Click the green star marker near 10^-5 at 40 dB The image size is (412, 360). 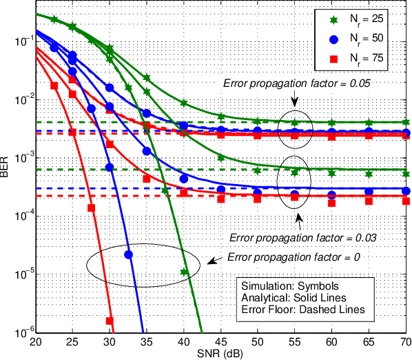184,272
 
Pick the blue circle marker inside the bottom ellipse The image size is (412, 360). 128,254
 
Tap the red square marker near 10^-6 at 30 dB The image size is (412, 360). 109,321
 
